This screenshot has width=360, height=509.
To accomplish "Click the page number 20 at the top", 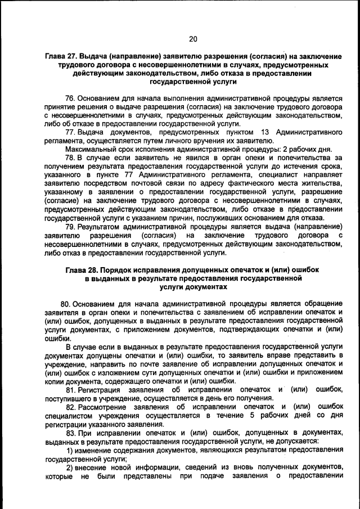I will [193, 39].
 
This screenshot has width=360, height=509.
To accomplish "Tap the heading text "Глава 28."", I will [82, 269].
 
